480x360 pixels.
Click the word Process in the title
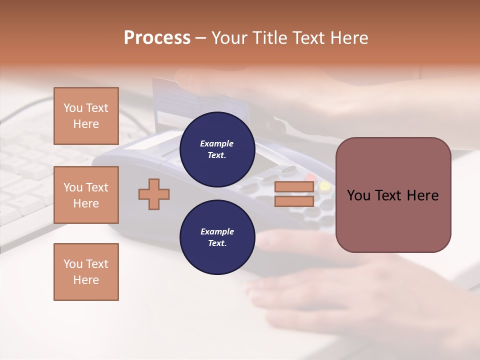157,38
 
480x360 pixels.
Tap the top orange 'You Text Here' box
86,116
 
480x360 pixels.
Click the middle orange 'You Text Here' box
86,195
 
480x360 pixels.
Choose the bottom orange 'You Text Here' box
86,272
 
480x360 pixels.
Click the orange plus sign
154,194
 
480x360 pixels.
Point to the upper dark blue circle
217,149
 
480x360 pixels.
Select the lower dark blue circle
217,237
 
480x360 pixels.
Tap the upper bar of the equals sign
294,187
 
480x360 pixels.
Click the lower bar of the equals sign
294,201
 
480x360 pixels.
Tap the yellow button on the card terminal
325,187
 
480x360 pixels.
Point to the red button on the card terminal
311,177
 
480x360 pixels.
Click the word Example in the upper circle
216,143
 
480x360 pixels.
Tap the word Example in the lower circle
216,231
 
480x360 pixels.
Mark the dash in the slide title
200,38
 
